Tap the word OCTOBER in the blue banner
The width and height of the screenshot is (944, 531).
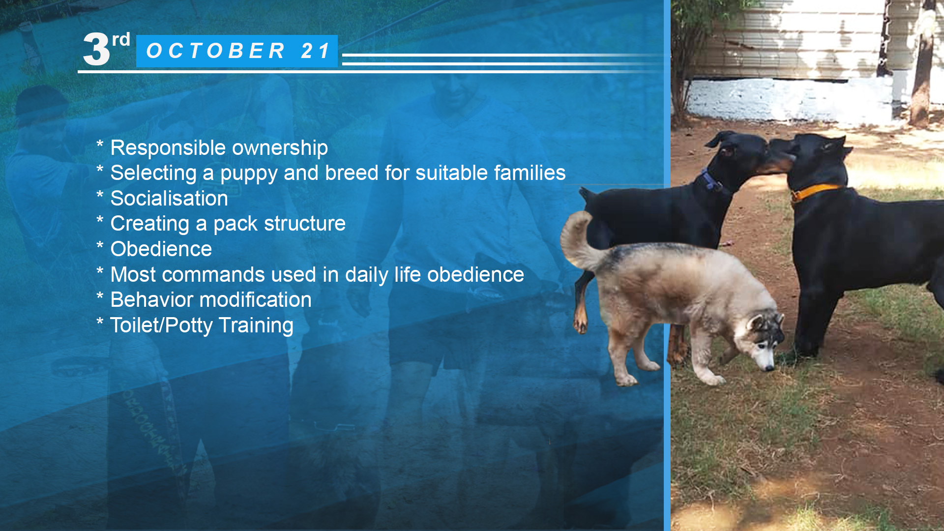pyautogui.click(x=216, y=51)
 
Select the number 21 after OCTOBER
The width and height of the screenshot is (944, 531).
pyautogui.click(x=316, y=51)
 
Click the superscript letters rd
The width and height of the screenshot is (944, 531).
pyautogui.click(x=121, y=39)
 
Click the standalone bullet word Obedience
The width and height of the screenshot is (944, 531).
pyautogui.click(x=161, y=249)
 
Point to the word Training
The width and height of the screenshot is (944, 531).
pyautogui.click(x=256, y=325)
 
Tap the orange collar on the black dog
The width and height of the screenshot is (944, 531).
pyautogui.click(x=816, y=191)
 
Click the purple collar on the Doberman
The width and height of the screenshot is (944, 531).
pyautogui.click(x=711, y=180)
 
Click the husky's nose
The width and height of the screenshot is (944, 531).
pyautogui.click(x=770, y=368)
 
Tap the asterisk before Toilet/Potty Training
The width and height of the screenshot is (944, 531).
pyautogui.click(x=100, y=322)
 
